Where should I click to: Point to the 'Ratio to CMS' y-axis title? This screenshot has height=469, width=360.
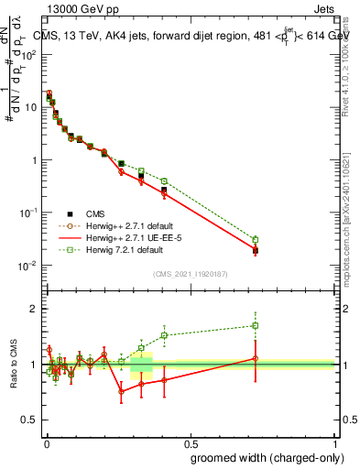tap(15, 365)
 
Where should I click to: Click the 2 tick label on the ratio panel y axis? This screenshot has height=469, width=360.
tap(33, 309)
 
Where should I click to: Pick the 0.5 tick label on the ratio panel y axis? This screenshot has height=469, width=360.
tap(29, 420)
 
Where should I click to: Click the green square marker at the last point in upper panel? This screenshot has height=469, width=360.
tap(256, 240)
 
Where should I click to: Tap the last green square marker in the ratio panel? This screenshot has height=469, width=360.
tap(256, 325)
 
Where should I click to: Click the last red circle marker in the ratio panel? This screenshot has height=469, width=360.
tap(256, 359)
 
